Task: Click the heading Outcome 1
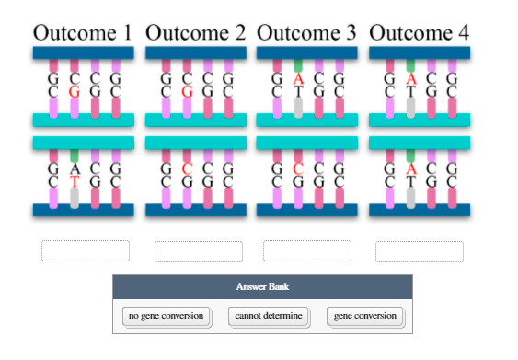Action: (x=82, y=33)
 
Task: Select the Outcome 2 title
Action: (x=195, y=33)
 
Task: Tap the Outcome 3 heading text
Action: (x=306, y=33)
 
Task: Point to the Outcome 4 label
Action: (x=419, y=33)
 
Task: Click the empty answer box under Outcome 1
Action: (x=86, y=251)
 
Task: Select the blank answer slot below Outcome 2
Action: (x=198, y=251)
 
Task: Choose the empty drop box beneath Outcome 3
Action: (x=306, y=251)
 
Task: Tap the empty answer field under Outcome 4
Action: (x=419, y=251)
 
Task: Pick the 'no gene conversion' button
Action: (x=166, y=317)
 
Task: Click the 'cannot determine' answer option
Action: (x=268, y=317)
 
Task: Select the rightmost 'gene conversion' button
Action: (x=364, y=317)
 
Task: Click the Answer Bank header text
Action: (x=262, y=287)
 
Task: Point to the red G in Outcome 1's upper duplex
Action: (x=75, y=92)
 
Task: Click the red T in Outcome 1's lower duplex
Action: (x=75, y=181)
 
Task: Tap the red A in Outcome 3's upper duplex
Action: (x=298, y=80)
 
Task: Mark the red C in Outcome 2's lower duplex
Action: (x=187, y=169)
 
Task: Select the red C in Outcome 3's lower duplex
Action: (x=298, y=169)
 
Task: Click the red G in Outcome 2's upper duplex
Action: (x=187, y=92)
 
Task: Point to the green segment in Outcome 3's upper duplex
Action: (x=298, y=65)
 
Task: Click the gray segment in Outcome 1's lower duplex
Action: (x=75, y=196)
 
